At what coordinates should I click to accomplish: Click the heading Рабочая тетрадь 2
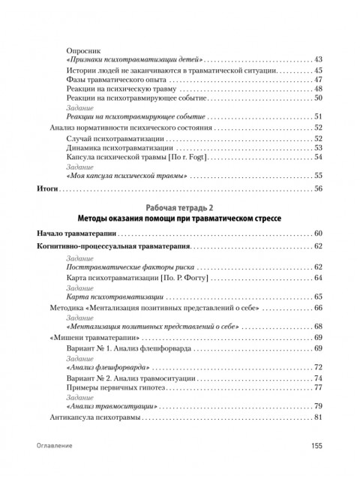[x=180, y=206]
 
